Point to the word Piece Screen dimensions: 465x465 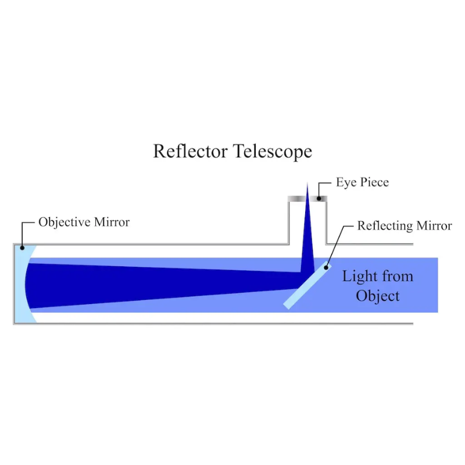373,183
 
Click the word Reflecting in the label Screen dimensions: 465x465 385,226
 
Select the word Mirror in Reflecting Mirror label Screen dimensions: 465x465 434,226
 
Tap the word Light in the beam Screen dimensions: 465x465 358,276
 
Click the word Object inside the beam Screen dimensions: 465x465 378,296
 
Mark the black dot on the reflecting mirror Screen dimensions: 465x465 326,267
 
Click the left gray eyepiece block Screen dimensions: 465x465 296,199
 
